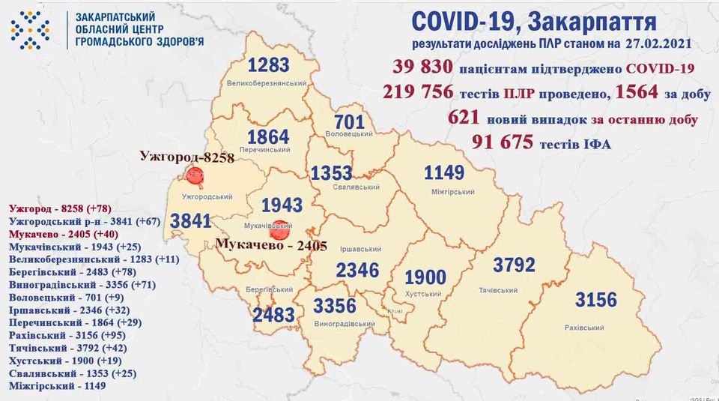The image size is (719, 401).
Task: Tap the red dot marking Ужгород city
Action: (195, 176)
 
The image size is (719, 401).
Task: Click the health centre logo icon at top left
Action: (30, 30)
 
